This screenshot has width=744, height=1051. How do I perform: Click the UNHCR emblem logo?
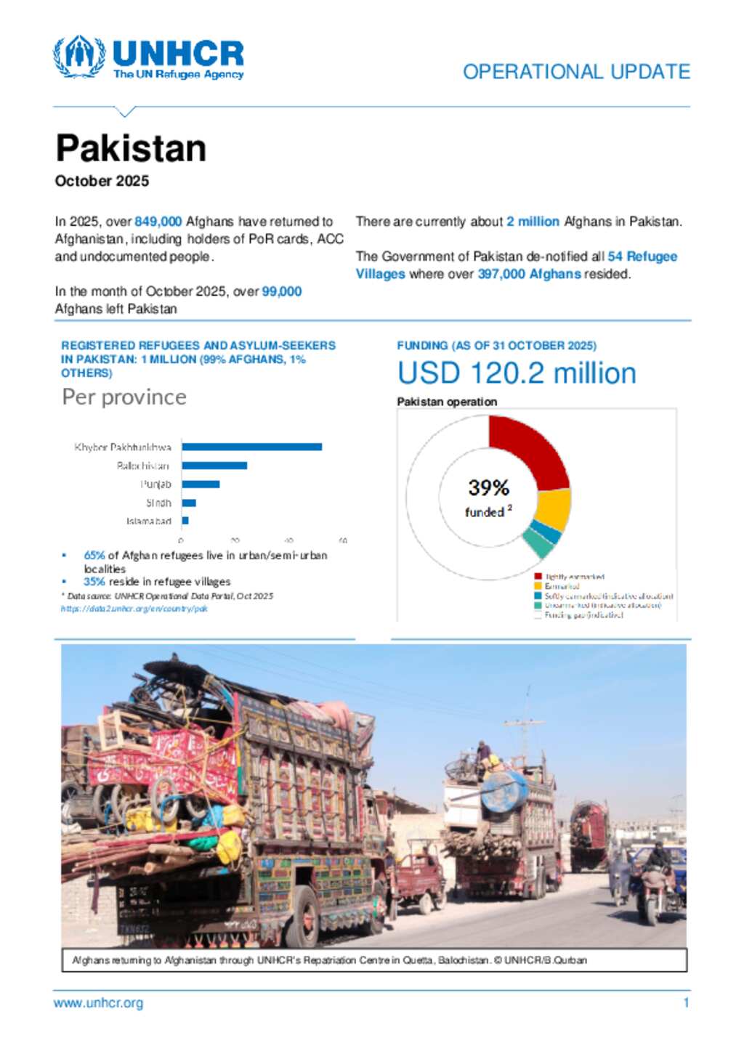tap(78, 57)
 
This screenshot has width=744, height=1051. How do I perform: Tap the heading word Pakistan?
tap(131, 148)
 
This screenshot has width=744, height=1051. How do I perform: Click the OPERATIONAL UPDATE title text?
tap(576, 72)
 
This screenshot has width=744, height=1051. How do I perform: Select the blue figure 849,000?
tap(158, 222)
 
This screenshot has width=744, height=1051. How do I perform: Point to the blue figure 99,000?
tap(281, 291)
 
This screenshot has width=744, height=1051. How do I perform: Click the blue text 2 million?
tap(533, 222)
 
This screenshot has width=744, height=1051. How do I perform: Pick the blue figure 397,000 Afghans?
tap(529, 274)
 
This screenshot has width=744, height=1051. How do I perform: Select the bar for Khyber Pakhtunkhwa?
tap(251, 447)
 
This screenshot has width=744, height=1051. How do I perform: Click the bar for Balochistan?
tap(214, 466)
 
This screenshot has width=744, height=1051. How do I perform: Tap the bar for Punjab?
tap(201, 484)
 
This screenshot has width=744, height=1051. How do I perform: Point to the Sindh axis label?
tap(158, 503)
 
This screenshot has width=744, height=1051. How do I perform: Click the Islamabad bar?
tap(185, 521)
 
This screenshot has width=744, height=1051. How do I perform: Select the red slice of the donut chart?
tap(534, 448)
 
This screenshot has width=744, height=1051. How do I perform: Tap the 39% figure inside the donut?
tap(488, 487)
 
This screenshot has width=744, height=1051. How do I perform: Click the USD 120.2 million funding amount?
tap(516, 373)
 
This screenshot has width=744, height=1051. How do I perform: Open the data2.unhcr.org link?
tap(134, 609)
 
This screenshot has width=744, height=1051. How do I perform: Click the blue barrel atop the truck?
tap(504, 791)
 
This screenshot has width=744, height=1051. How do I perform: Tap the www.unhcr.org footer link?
tap(98, 1003)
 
